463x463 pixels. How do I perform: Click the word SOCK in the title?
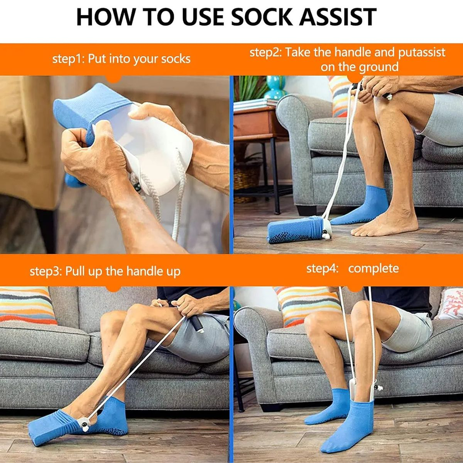pyautogui.click(x=261, y=17)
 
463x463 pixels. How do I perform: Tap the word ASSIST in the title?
pyautogui.click(x=338, y=17)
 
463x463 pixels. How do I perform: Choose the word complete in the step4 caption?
pyautogui.click(x=373, y=269)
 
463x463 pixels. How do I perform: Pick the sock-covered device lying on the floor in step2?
pyautogui.click(x=299, y=230)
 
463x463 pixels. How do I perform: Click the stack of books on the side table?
pyautogui.click(x=254, y=104)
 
